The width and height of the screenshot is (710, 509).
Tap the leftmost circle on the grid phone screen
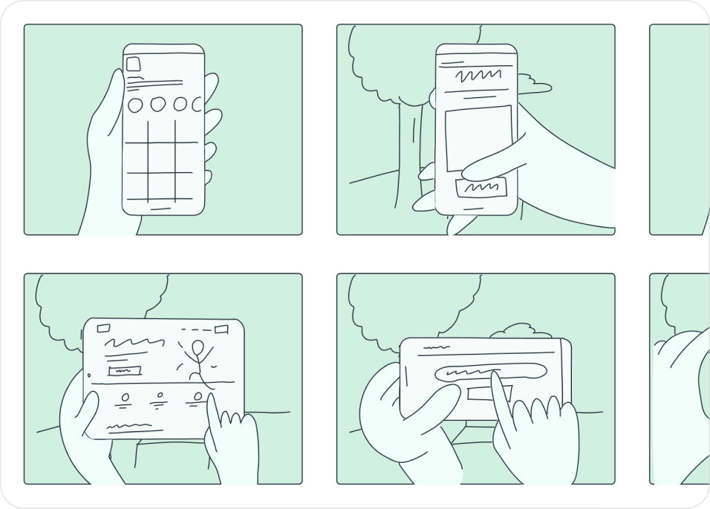pos(135,105)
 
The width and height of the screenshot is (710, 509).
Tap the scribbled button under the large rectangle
pos(483,187)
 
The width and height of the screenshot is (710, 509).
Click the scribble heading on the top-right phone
pos(475,76)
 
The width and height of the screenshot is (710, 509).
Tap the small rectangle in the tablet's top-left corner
pos(103,328)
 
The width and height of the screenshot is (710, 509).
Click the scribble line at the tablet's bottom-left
pos(134,427)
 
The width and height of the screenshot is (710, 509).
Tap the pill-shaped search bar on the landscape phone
pos(485,373)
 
